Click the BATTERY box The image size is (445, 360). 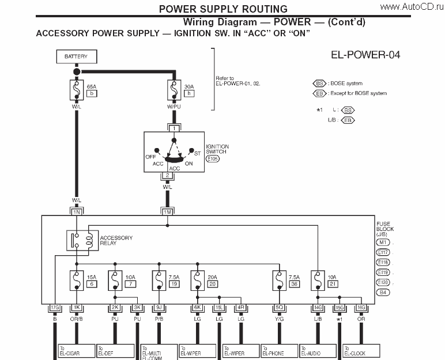(x=76, y=57)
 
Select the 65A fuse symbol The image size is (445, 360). (x=76, y=91)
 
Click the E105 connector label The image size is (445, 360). (x=213, y=158)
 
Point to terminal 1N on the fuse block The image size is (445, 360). (x=76, y=212)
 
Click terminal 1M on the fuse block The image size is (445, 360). (x=167, y=212)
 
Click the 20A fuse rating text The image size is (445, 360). (x=212, y=277)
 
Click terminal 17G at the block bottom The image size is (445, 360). (x=55, y=308)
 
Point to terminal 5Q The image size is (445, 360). (x=279, y=308)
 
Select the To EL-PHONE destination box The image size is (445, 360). (x=278, y=351)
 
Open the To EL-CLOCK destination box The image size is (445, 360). (x=361, y=351)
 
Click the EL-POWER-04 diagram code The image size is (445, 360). (x=365, y=55)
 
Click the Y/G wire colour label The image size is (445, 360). (x=279, y=319)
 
